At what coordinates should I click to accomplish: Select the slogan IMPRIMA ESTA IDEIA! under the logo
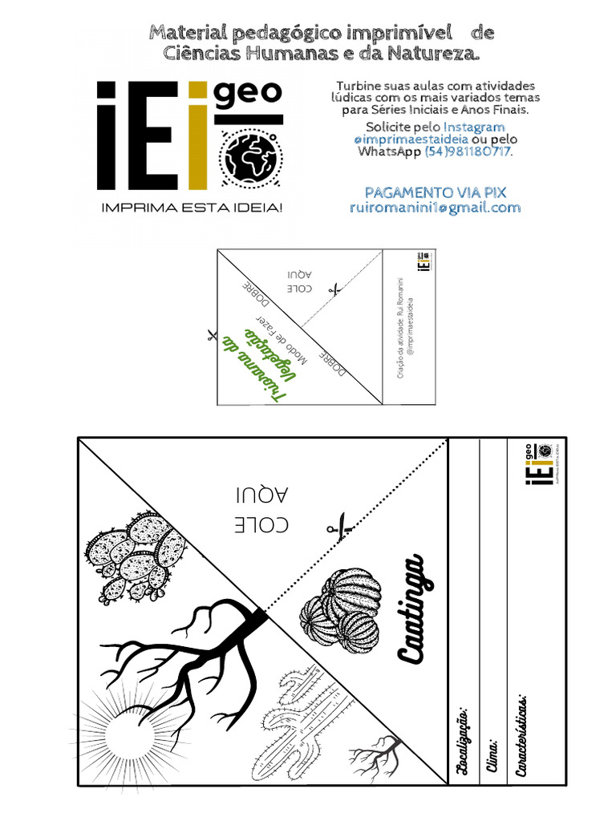tap(192, 208)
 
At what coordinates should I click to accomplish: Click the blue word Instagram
tap(475, 127)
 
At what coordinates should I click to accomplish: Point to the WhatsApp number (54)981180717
tap(468, 152)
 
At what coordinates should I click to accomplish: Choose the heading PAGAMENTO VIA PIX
tap(436, 193)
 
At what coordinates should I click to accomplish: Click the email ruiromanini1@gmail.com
tap(436, 208)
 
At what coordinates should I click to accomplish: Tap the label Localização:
tap(462, 741)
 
